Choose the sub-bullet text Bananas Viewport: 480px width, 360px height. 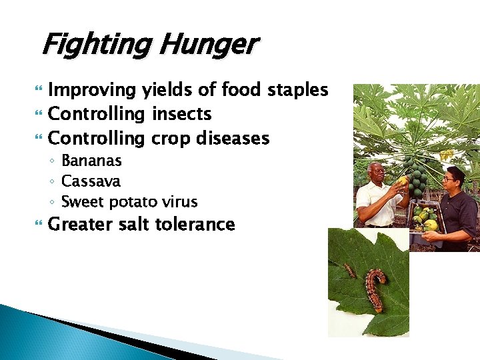click(91, 161)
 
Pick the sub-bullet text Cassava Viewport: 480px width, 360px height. click(91, 181)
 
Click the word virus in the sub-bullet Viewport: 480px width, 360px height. click(182, 201)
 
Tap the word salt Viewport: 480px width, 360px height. click(135, 224)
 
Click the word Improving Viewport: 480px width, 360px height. click(93, 89)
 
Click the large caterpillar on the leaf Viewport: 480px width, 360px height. click(375, 288)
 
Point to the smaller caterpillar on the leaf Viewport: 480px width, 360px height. click(349, 270)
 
